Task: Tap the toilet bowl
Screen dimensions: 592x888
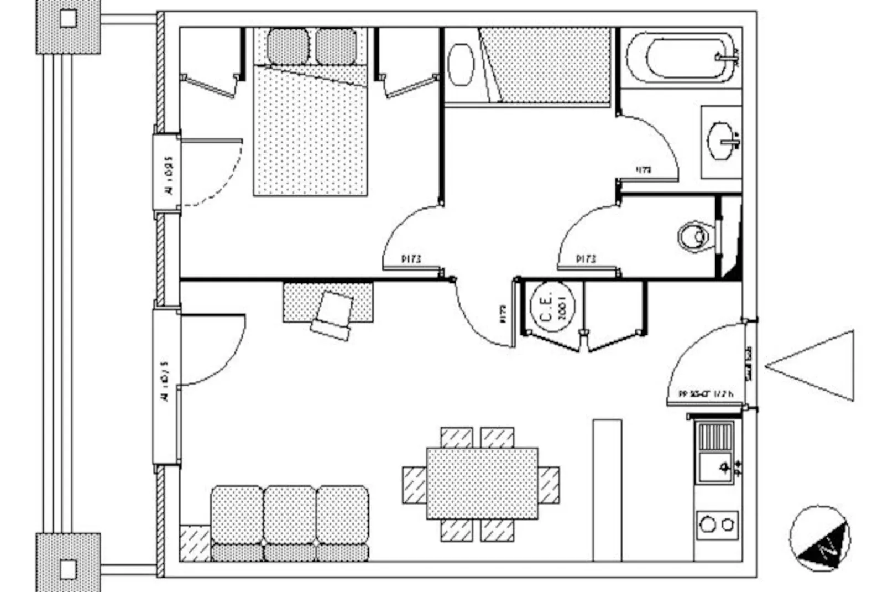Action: pyautogui.click(x=694, y=237)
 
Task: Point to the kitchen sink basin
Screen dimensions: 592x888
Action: pyautogui.click(x=715, y=468)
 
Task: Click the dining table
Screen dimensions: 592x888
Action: pyautogui.click(x=482, y=484)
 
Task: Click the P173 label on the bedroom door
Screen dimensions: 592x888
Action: pyautogui.click(x=411, y=258)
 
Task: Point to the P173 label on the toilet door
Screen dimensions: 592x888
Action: pyautogui.click(x=586, y=258)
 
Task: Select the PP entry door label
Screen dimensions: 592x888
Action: pyautogui.click(x=706, y=394)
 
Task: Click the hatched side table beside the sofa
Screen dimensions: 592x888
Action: pyautogui.click(x=195, y=543)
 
